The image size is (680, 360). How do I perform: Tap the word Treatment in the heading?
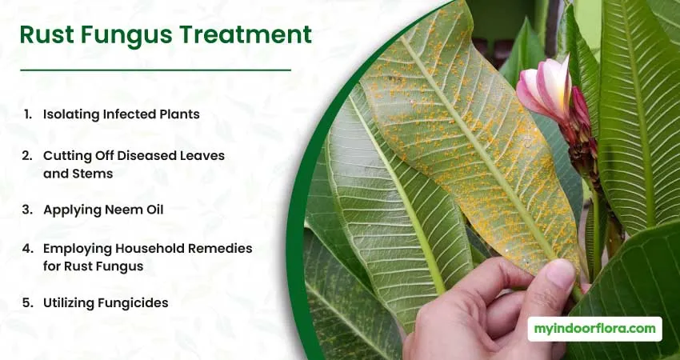[x=245, y=34]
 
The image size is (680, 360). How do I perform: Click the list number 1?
[x=27, y=114]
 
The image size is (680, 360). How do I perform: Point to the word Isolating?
[x=71, y=114]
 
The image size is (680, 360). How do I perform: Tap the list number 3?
[x=27, y=210]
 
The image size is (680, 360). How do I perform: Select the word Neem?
[x=117, y=210]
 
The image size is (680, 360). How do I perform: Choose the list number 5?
[x=27, y=302]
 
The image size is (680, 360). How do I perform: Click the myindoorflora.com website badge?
[x=594, y=329]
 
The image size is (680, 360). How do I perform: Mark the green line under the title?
[x=155, y=70]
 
